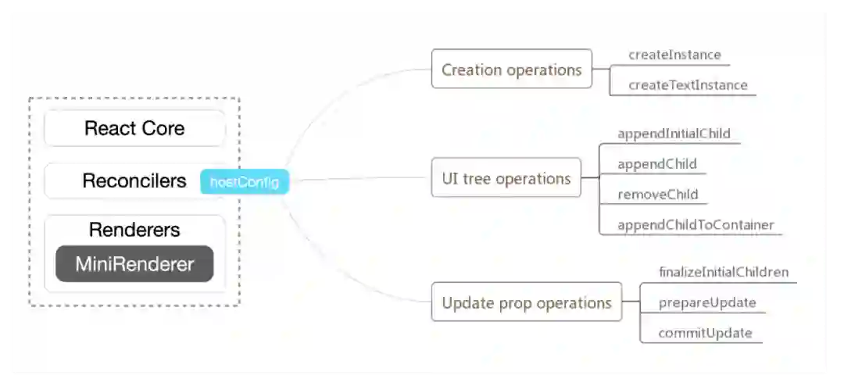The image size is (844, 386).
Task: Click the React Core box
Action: click(x=134, y=128)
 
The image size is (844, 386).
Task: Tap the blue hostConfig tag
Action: click(x=245, y=182)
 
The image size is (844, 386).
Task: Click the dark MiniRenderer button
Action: click(x=134, y=264)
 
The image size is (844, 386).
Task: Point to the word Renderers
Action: click(x=134, y=230)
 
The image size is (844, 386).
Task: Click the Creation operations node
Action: click(x=511, y=70)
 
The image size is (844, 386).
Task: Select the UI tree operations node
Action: click(x=506, y=179)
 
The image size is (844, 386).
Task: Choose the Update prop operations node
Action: click(x=526, y=302)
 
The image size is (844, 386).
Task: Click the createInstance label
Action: click(x=674, y=55)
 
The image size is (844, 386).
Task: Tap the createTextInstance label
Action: click(x=688, y=85)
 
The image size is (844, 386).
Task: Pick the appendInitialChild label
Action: click(x=674, y=134)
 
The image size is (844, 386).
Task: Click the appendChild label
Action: click(x=657, y=165)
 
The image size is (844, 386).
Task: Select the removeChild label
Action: click(x=657, y=195)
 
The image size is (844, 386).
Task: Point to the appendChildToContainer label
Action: click(x=696, y=225)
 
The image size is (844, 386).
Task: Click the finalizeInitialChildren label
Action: click(x=724, y=273)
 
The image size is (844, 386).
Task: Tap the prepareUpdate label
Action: click(x=707, y=303)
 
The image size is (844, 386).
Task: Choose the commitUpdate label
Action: click(x=705, y=333)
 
